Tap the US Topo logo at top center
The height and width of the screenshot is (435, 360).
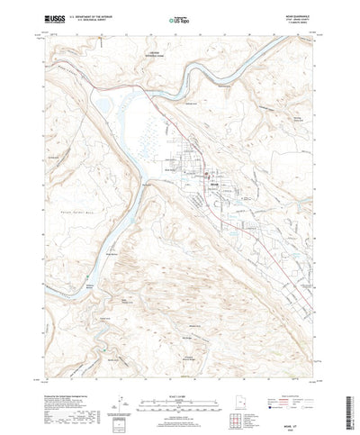[179, 17]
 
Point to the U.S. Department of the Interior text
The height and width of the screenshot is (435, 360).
[98, 13]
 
